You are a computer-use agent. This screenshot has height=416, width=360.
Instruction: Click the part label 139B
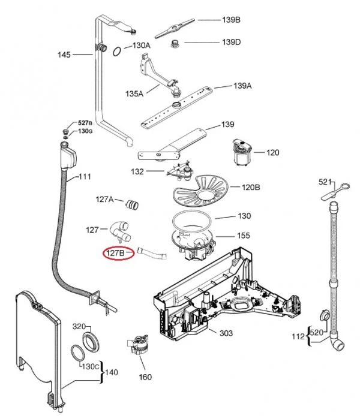pos(231,20)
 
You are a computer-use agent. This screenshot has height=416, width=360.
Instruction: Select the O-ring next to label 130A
pos(117,52)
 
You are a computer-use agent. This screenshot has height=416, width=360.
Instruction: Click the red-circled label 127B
pos(115,253)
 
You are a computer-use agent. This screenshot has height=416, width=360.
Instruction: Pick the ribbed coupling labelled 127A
pos(132,204)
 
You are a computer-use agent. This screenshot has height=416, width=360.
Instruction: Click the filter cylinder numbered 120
pos(242,152)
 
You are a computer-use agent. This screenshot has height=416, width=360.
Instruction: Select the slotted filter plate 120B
pos(200,191)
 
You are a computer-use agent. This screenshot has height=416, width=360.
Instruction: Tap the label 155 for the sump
pos(244,236)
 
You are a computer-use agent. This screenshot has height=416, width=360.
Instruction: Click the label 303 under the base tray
pos(226,333)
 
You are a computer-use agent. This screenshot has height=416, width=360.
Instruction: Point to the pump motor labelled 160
pos(138,345)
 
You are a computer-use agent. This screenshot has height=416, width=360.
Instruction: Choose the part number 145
pos(64,55)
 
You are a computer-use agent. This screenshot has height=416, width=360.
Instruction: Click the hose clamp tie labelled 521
pos(335,191)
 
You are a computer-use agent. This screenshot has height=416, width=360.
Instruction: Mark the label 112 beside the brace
pos(298,337)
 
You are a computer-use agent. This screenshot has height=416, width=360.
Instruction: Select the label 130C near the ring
pos(90,367)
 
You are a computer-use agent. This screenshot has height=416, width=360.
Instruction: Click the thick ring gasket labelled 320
pos(91,342)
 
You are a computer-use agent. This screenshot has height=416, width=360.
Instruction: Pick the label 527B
pos(85,123)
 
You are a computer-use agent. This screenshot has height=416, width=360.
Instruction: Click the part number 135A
pos(134,94)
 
